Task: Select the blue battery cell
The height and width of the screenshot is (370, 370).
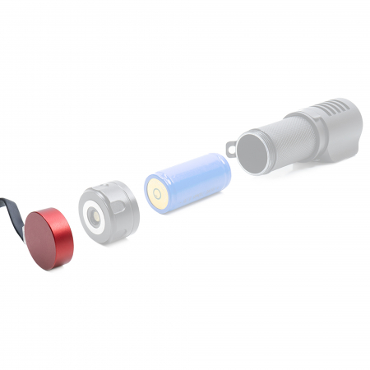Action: [x=189, y=181]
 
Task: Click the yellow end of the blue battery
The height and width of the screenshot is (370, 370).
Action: [x=157, y=195]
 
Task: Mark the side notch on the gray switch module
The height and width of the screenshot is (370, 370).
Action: [x=132, y=212]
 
